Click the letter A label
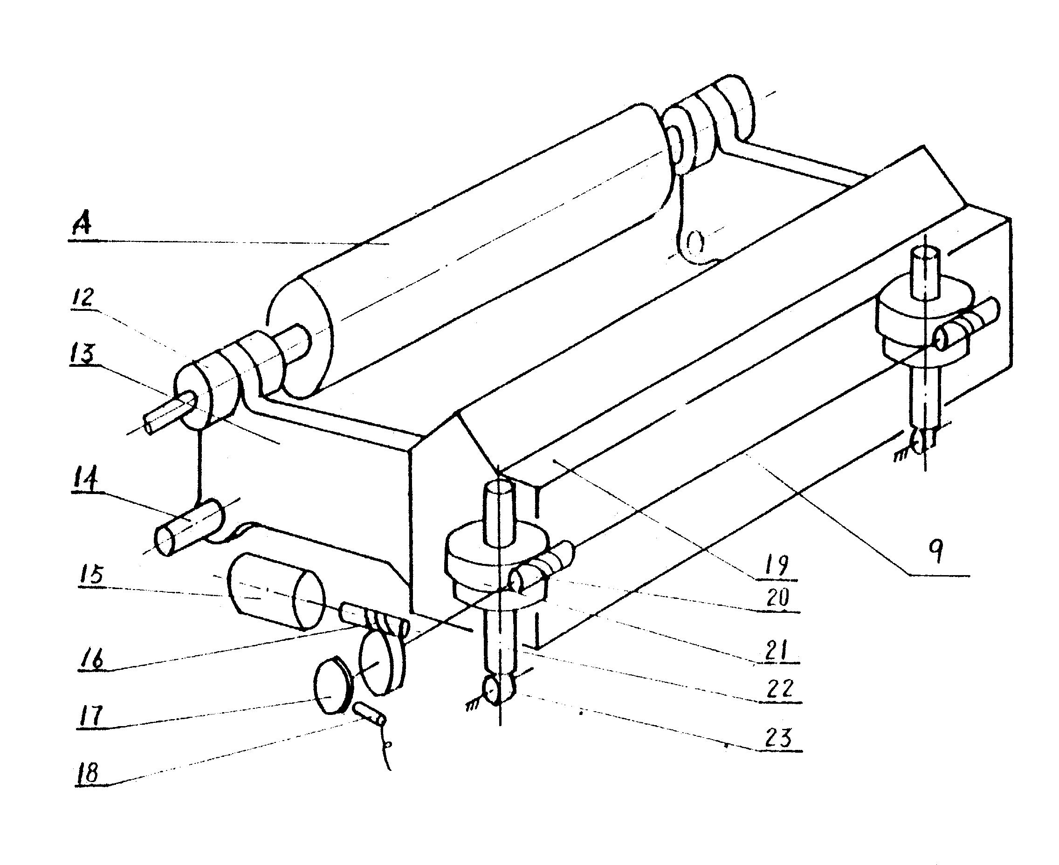coord(82,225)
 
